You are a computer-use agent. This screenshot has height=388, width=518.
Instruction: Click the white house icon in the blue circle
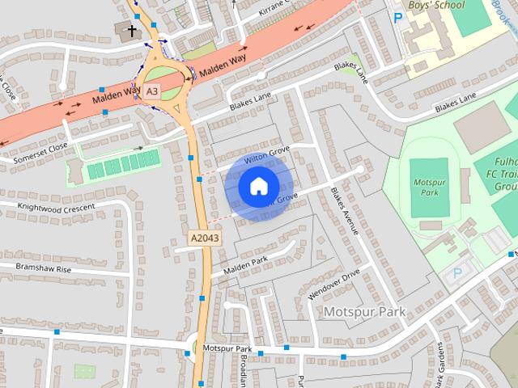click(257, 186)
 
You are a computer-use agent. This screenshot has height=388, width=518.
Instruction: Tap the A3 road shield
click(152, 93)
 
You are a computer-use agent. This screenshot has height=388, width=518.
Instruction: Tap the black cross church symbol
click(132, 32)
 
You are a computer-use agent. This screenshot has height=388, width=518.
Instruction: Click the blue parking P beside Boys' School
click(397, 16)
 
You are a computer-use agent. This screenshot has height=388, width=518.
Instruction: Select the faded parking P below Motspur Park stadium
click(457, 274)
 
